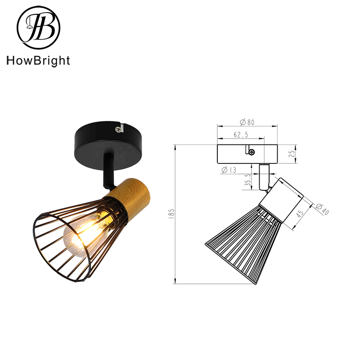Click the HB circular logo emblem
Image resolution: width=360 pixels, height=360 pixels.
(38, 28)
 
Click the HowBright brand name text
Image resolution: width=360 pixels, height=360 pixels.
(38, 61)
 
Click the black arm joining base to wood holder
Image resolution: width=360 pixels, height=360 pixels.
(108, 170)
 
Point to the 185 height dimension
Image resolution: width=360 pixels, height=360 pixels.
(171, 214)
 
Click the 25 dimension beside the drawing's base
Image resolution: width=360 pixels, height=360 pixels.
(292, 154)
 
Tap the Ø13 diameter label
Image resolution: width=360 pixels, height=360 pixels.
(229, 170)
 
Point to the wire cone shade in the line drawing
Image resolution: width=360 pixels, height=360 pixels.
(238, 247)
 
